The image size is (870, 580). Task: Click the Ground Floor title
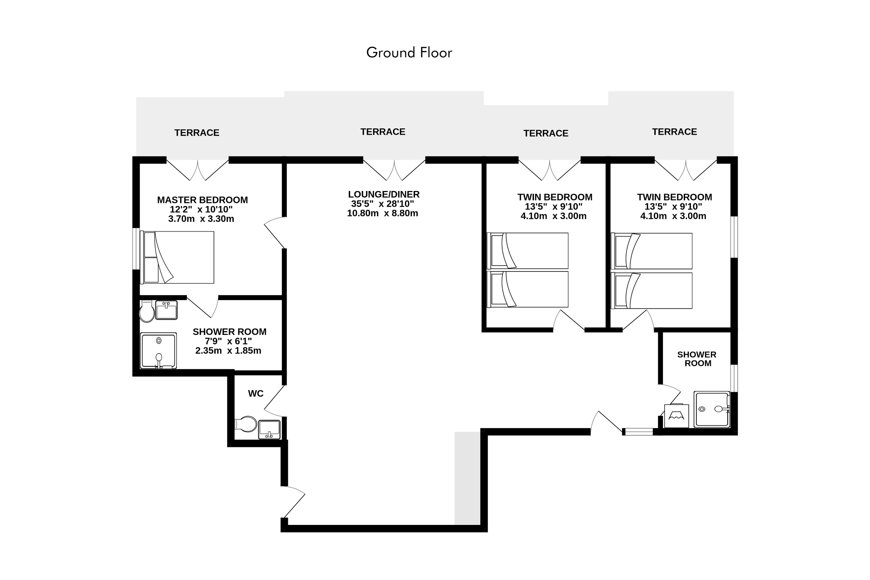(x=409, y=53)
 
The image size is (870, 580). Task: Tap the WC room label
(x=256, y=394)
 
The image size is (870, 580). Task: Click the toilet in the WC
(x=246, y=424)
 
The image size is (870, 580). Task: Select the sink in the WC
(x=269, y=430)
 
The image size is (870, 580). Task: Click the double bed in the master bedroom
(x=177, y=257)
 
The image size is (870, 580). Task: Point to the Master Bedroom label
(x=202, y=200)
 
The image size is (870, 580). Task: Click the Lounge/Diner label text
(x=384, y=195)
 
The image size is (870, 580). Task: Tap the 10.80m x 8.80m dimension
(x=382, y=214)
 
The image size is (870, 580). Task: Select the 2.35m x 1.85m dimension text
(x=228, y=351)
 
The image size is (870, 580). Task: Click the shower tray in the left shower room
(x=158, y=351)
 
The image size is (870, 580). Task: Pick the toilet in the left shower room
(x=147, y=311)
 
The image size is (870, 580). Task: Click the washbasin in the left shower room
(x=166, y=310)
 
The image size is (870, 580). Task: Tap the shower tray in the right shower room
(x=712, y=410)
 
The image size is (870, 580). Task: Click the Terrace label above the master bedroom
(x=197, y=133)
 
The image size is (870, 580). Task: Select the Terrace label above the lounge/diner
(x=383, y=132)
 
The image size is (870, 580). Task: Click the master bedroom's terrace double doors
(x=198, y=170)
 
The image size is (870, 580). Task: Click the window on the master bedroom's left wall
(x=136, y=249)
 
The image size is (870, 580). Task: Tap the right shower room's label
(x=697, y=359)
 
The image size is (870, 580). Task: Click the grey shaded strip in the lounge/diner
(x=467, y=478)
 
